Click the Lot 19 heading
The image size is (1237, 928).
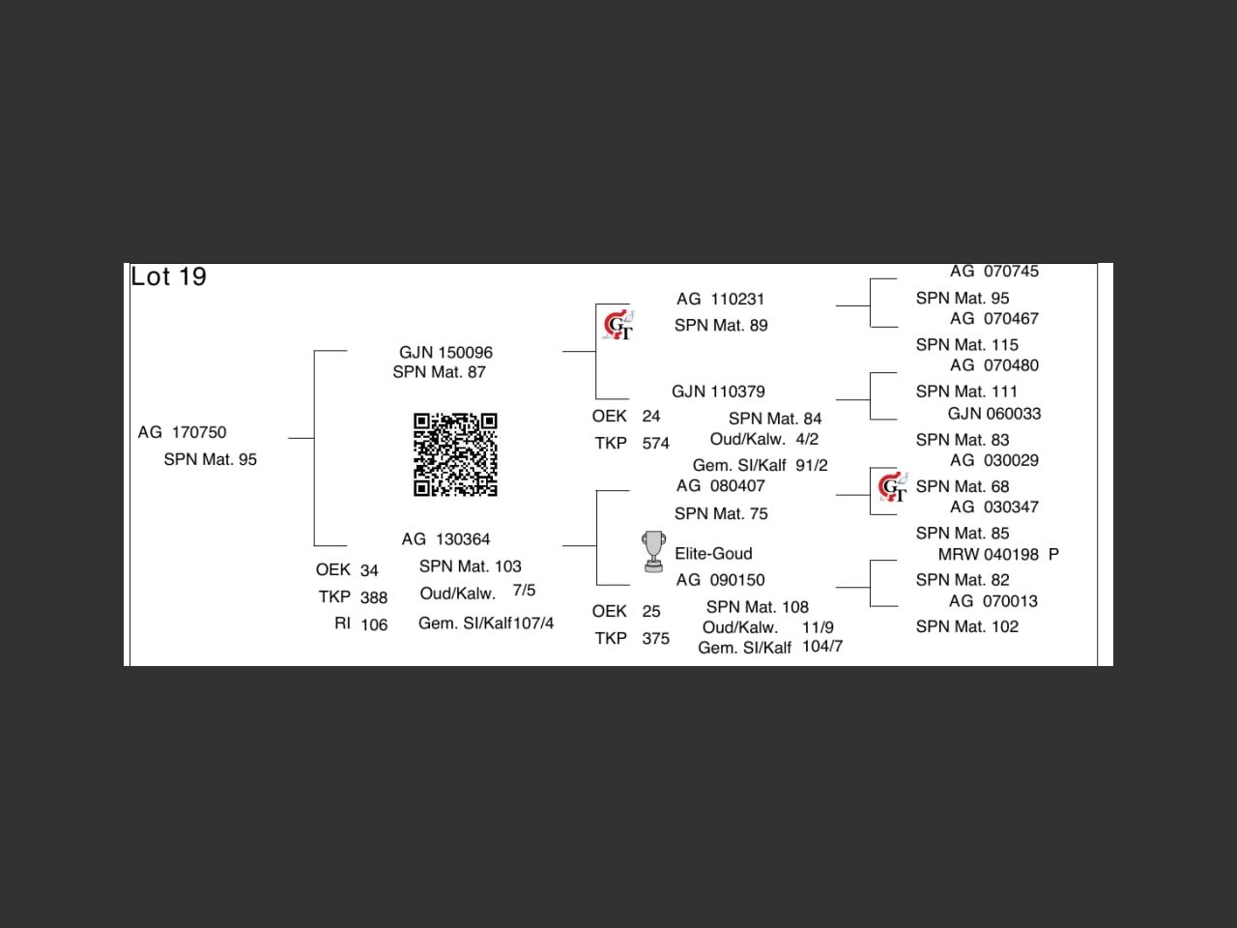pyautogui.click(x=169, y=276)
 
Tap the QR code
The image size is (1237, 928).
pyautogui.click(x=455, y=454)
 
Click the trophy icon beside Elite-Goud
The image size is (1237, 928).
pyautogui.click(x=654, y=551)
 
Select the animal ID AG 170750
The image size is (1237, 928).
pyautogui.click(x=182, y=432)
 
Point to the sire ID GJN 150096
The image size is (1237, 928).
pyautogui.click(x=446, y=353)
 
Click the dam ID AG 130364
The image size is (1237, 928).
pyautogui.click(x=446, y=539)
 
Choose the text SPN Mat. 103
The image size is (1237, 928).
pyautogui.click(x=470, y=566)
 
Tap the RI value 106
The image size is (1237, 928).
pyautogui.click(x=374, y=624)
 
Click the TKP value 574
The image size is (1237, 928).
pyautogui.click(x=655, y=444)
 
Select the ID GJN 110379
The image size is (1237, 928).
pyautogui.click(x=718, y=391)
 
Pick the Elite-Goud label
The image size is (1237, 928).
pyautogui.click(x=713, y=554)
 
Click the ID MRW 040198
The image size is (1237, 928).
pyautogui.click(x=989, y=555)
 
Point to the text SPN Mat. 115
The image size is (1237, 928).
pyautogui.click(x=966, y=345)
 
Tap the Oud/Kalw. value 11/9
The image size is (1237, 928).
pyautogui.click(x=818, y=627)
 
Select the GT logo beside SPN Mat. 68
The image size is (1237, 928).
pyautogui.click(x=892, y=486)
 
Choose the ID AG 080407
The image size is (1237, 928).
pyautogui.click(x=720, y=486)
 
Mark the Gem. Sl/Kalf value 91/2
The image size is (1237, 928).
pyautogui.click(x=812, y=465)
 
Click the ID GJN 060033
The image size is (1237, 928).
pyautogui.click(x=993, y=414)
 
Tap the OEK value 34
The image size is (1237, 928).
pyautogui.click(x=369, y=570)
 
